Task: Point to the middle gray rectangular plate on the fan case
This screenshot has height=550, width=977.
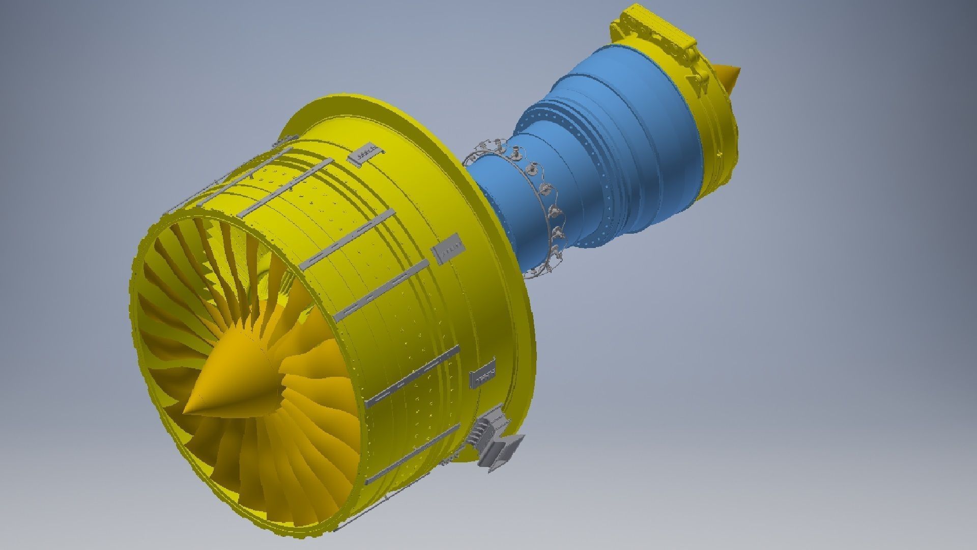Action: pyautogui.click(x=448, y=249)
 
